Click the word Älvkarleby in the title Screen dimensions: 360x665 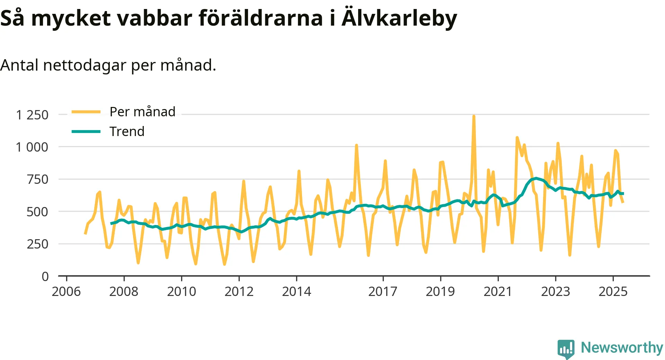click(x=399, y=18)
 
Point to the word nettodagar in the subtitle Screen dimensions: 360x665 click(x=85, y=65)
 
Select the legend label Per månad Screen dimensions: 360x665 click(x=142, y=112)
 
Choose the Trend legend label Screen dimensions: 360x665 click(x=127, y=132)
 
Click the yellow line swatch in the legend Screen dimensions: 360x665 click(x=86, y=112)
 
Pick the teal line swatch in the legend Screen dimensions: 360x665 click(x=86, y=132)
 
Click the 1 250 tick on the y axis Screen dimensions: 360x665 click(x=32, y=115)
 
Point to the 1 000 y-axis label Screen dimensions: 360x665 click(x=32, y=147)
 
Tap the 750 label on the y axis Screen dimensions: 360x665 click(x=37, y=179)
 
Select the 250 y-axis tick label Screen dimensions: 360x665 click(x=37, y=244)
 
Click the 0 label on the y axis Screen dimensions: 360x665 click(x=45, y=276)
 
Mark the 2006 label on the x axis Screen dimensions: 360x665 click(x=66, y=291)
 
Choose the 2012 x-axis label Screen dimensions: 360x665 click(x=239, y=291)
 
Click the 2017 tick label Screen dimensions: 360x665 click(x=383, y=291)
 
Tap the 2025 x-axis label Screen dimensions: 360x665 click(x=613, y=291)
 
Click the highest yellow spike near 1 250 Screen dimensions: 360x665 click(x=473, y=117)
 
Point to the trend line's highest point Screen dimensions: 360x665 click(x=536, y=178)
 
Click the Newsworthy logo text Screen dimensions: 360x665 click(x=622, y=348)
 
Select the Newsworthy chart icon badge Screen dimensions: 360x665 click(x=566, y=349)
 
